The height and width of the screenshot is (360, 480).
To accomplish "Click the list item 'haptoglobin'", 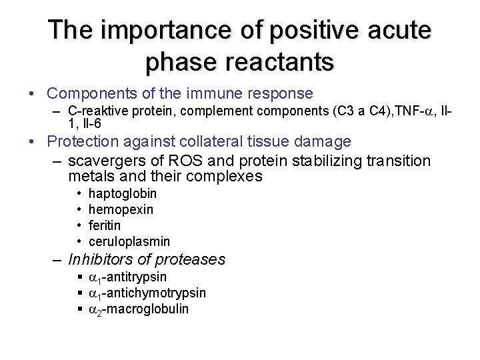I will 123,194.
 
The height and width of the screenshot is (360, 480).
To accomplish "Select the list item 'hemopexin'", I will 121,210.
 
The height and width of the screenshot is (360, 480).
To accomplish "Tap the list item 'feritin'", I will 105,225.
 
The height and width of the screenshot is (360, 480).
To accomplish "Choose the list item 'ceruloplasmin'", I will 129,241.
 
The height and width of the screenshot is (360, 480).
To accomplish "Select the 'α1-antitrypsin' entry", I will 127,277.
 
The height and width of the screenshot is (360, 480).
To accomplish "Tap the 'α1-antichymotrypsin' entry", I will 147,293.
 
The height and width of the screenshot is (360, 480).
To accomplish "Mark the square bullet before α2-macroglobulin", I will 79,309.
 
